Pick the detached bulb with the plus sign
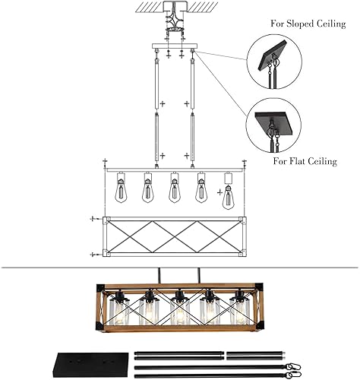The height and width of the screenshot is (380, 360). (x=227, y=196)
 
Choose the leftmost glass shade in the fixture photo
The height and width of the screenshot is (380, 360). (x=119, y=312)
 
